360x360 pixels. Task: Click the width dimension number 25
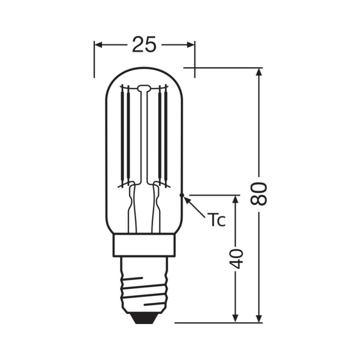point(144,45)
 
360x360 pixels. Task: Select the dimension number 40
point(236,258)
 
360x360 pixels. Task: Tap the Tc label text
point(216,221)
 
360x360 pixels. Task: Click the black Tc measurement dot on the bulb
point(182,195)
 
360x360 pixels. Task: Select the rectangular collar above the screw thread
point(144,245)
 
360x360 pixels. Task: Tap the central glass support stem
point(144,144)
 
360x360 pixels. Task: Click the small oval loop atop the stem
point(144,87)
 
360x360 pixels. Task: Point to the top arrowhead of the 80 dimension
point(258,72)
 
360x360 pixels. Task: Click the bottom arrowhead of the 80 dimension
point(258,318)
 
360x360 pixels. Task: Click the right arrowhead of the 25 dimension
point(190,45)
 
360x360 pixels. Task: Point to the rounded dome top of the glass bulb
point(144,69)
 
